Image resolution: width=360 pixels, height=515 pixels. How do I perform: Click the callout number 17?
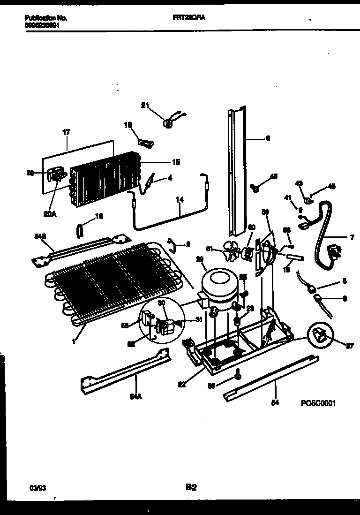coord(66,133)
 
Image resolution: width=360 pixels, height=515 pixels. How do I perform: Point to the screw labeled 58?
coord(239,373)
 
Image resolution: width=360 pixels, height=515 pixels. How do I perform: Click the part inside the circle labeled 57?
coord(320,334)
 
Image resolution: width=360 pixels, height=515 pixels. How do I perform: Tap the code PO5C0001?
coord(318,403)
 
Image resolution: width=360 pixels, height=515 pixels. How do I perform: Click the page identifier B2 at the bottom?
coord(191,487)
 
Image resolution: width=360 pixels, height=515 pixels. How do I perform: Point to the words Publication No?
coord(45,18)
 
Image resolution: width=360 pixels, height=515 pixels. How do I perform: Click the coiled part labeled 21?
coord(167,123)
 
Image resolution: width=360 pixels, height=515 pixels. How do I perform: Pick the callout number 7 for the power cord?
coord(352,238)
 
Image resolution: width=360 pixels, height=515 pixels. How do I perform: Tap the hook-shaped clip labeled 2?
coord(172,243)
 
